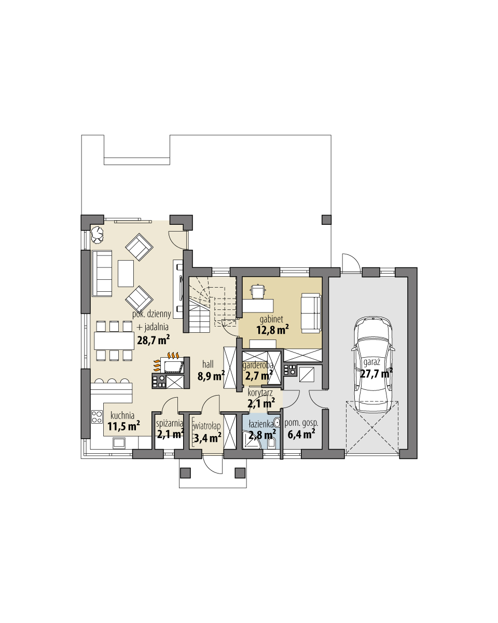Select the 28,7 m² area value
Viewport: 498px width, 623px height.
pos(154,341)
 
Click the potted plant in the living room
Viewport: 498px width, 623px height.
pos(97,234)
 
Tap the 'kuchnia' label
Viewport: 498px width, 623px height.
pos(123,415)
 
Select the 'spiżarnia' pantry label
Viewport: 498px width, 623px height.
pos(170,423)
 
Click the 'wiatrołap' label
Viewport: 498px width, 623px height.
pos(208,426)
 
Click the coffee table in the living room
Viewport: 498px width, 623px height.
pos(126,273)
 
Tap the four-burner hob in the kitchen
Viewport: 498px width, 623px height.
pos(97,416)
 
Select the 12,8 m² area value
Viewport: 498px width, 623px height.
pos(272,329)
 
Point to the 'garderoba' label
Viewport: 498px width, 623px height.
pos(258,364)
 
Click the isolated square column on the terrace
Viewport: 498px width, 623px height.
pos(326,219)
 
